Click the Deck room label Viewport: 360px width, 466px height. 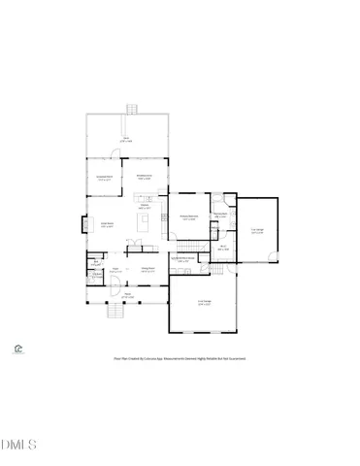click(x=125, y=142)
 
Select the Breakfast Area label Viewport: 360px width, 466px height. click(x=144, y=178)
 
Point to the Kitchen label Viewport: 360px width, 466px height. click(x=144, y=206)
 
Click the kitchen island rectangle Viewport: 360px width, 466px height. click(x=145, y=222)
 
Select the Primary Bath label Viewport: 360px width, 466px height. click(x=220, y=215)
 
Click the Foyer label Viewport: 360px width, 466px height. click(x=115, y=271)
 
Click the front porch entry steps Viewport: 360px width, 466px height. click(x=115, y=311)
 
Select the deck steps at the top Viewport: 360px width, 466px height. click(x=125, y=109)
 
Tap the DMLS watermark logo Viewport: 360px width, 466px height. click(x=18, y=446)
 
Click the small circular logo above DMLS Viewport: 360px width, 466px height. click(x=18, y=347)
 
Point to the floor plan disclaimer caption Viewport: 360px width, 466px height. click(x=180, y=358)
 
